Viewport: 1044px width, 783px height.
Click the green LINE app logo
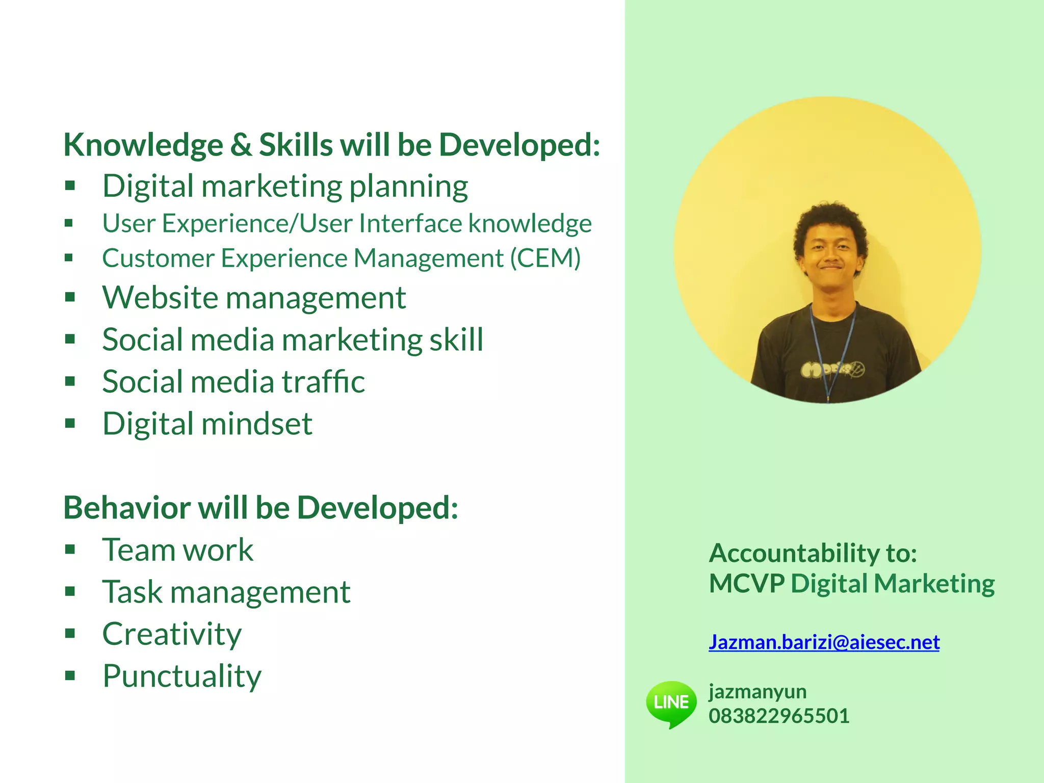point(671,703)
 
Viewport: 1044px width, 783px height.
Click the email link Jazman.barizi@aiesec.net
point(824,642)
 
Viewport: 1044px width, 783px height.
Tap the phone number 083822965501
point(778,716)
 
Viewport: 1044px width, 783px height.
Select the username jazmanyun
point(758,692)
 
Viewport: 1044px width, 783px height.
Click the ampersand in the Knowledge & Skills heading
point(241,145)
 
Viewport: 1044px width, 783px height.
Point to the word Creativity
point(172,635)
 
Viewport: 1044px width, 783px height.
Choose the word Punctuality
point(182,676)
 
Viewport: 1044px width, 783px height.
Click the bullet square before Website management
point(70,297)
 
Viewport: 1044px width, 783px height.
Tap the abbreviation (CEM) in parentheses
point(545,258)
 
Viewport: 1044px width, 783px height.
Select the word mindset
point(257,424)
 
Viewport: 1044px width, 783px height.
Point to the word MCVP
point(746,584)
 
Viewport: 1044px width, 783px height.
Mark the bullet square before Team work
point(70,550)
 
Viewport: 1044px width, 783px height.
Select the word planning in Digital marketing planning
point(408,187)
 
